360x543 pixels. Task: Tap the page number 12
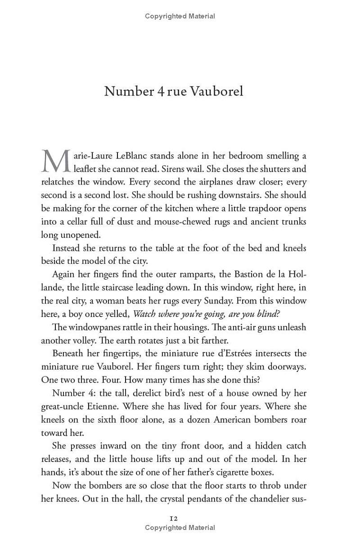click(x=174, y=519)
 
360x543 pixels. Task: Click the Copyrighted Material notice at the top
click(x=180, y=16)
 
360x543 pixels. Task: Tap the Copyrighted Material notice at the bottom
click(x=180, y=528)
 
